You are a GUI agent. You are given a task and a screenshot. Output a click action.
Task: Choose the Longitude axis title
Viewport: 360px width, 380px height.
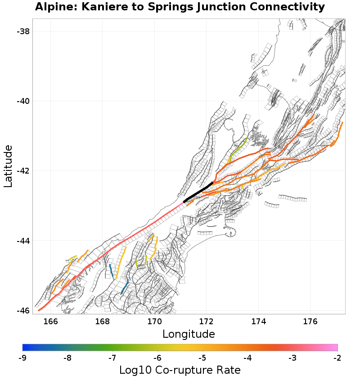189,334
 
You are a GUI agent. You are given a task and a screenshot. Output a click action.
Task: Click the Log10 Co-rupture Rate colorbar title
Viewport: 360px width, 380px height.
180,370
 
